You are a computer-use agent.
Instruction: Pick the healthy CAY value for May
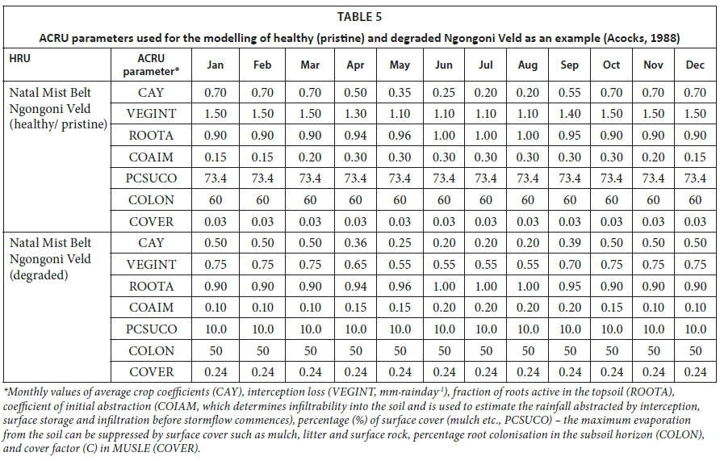pyautogui.click(x=400, y=93)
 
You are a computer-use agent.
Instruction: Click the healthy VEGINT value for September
pyautogui.click(x=569, y=115)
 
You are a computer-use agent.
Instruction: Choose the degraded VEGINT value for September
pyautogui.click(x=569, y=265)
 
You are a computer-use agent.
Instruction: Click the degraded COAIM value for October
pyautogui.click(x=611, y=308)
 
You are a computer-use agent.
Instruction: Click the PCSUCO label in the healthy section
pyautogui.click(x=151, y=178)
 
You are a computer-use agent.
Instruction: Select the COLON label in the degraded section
pyautogui.click(x=151, y=350)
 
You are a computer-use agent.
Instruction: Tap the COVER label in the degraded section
pyautogui.click(x=151, y=372)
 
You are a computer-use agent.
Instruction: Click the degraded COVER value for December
pyautogui.click(x=695, y=372)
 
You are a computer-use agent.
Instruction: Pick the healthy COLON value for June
pyautogui.click(x=443, y=199)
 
